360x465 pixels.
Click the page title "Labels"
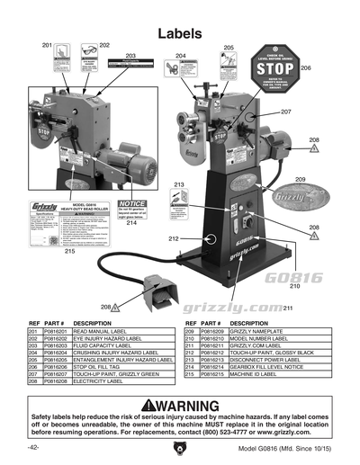tap(179, 33)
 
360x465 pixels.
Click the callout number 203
tap(131, 56)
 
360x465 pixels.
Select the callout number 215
tap(69, 252)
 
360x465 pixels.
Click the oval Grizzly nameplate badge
tap(297, 195)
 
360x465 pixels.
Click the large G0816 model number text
tap(294, 277)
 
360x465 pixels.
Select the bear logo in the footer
tap(176, 446)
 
